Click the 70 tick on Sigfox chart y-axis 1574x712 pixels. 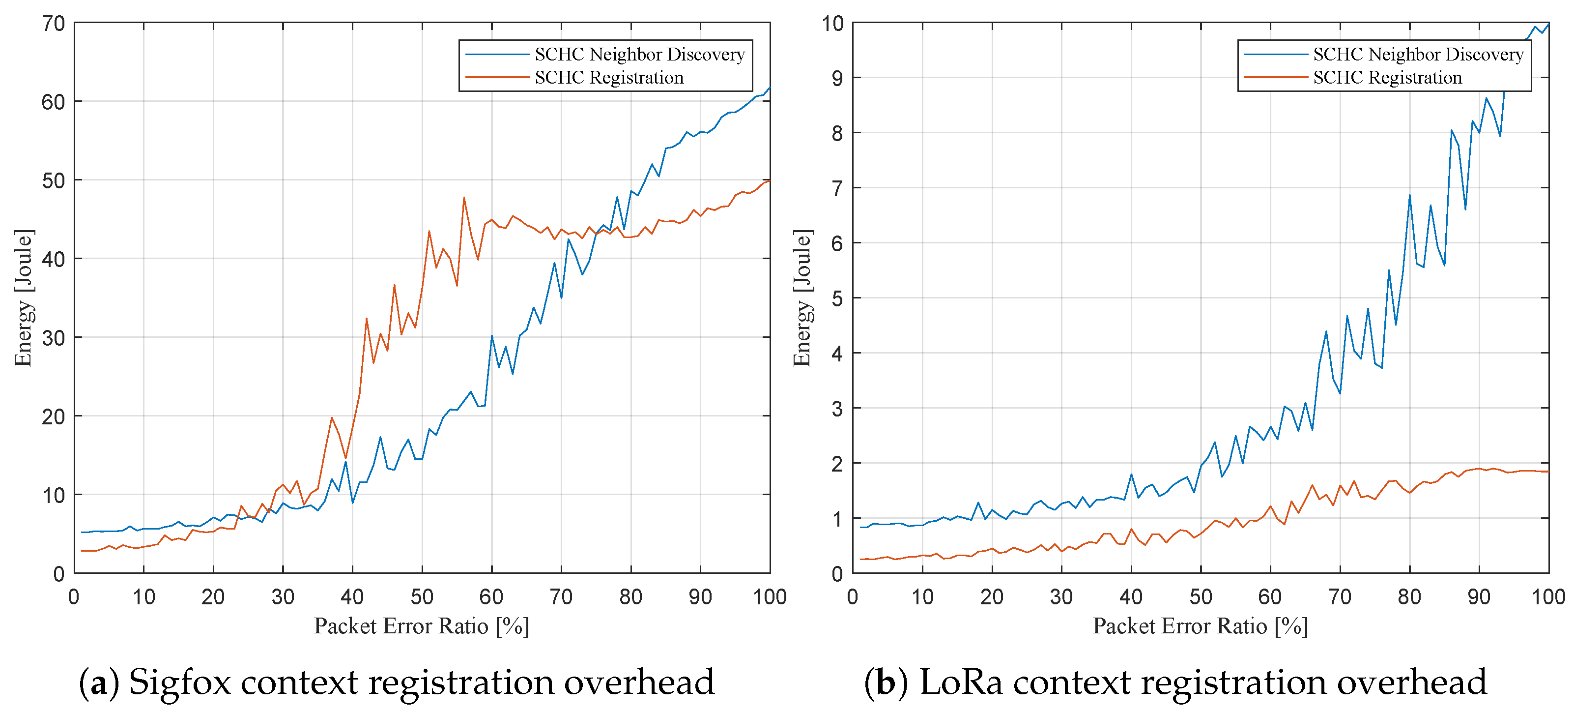53,24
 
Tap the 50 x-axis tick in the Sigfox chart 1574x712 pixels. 422,596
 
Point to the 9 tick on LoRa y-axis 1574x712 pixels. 836,79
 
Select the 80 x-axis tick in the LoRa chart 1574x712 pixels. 1409,596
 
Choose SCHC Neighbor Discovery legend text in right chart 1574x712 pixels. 1418,55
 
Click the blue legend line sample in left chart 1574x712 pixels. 496,55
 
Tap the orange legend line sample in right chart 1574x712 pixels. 1275,78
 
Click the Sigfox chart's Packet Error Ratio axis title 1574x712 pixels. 421,626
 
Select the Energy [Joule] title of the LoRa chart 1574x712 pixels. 802,298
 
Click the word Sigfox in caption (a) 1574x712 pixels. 180,682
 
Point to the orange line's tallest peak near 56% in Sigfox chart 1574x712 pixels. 464,197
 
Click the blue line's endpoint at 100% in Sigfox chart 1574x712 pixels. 769,88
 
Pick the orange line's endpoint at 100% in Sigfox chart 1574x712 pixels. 769,180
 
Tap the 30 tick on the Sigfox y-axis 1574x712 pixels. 53,338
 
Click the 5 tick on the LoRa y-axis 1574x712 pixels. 836,299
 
